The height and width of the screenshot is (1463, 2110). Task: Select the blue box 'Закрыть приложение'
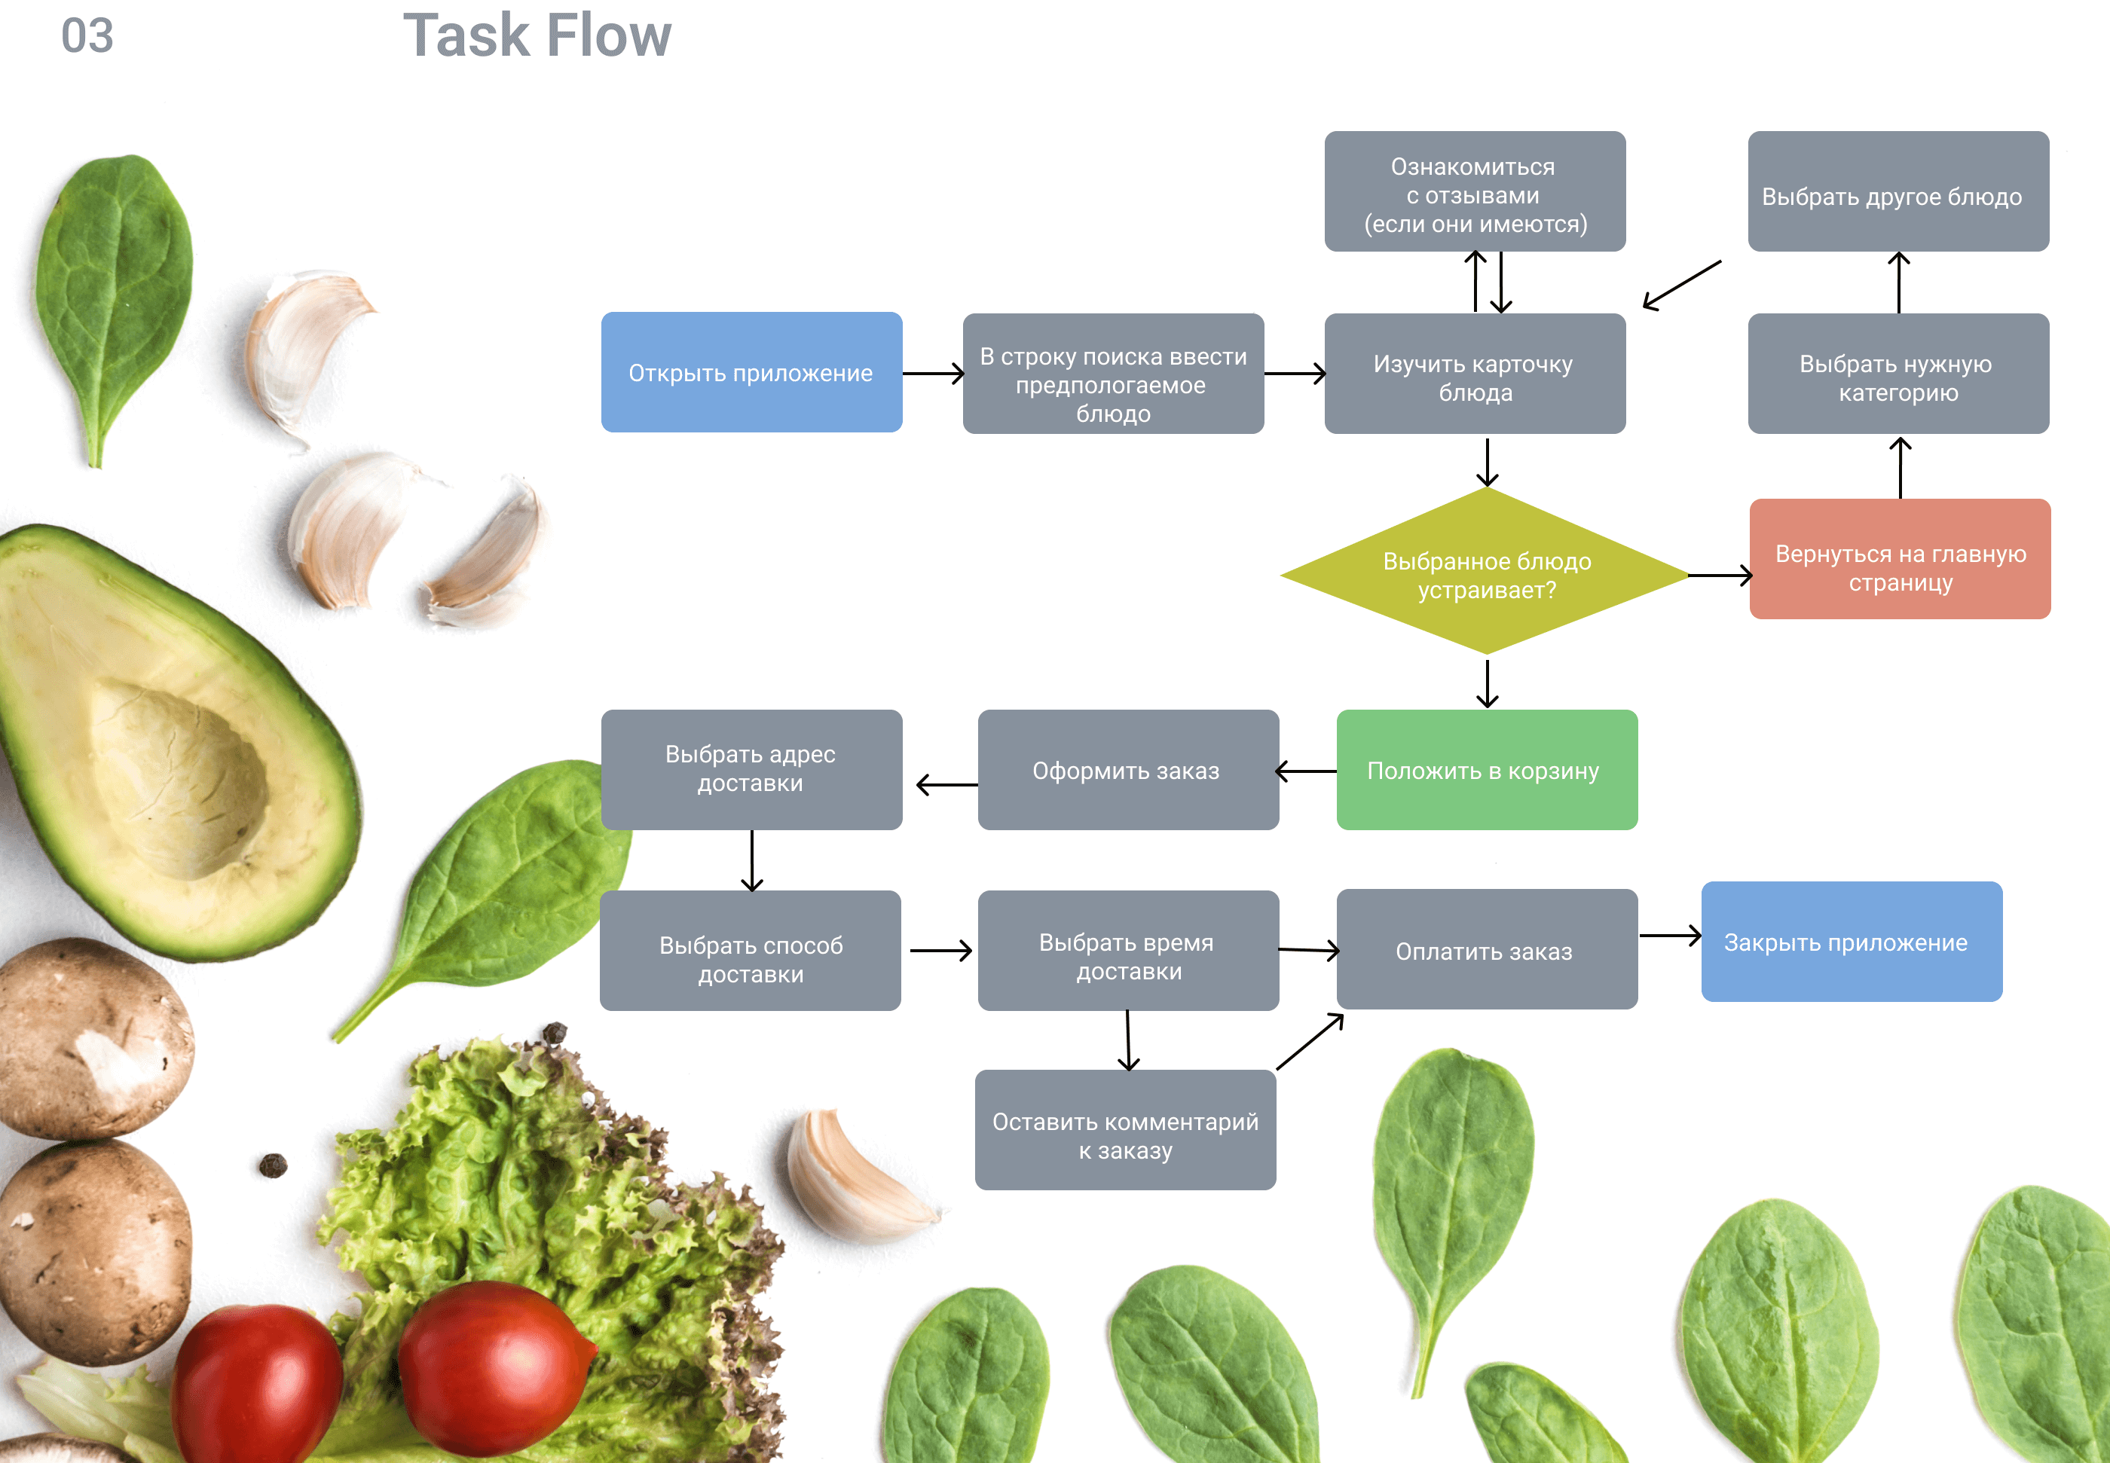click(1851, 942)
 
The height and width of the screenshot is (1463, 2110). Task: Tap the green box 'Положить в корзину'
click(1485, 770)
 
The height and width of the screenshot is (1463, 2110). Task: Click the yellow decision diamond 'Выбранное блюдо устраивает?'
click(1485, 573)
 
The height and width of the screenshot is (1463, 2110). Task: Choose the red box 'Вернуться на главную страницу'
click(1899, 559)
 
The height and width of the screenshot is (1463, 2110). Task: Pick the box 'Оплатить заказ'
click(1485, 950)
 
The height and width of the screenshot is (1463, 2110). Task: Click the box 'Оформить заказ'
click(1127, 770)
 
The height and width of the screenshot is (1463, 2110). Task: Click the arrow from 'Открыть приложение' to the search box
click(933, 373)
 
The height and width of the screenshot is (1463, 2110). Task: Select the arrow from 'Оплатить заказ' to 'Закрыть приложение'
click(1669, 936)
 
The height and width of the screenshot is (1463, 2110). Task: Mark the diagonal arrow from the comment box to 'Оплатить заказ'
click(1310, 1041)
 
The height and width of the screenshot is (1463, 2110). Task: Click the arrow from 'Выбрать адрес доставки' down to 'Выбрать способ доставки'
click(752, 860)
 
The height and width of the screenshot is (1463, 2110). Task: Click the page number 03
click(87, 37)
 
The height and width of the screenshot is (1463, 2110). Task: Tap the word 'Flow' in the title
click(610, 37)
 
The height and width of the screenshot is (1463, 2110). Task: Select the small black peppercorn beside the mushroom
click(272, 1165)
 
